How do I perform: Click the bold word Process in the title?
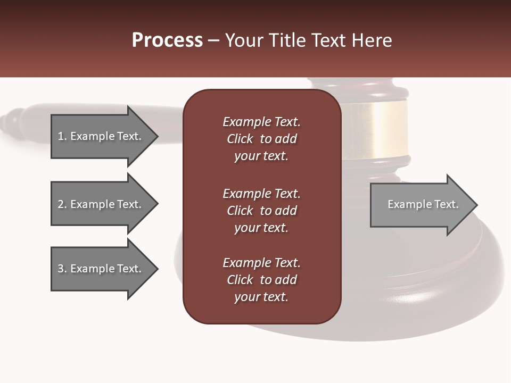(167, 40)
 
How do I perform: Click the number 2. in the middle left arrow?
(62, 204)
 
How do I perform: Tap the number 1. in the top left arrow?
(62, 136)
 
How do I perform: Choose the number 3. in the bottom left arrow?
(62, 269)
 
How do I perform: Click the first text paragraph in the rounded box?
(261, 139)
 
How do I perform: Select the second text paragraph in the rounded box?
(261, 211)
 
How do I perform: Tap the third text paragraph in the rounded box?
(261, 280)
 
